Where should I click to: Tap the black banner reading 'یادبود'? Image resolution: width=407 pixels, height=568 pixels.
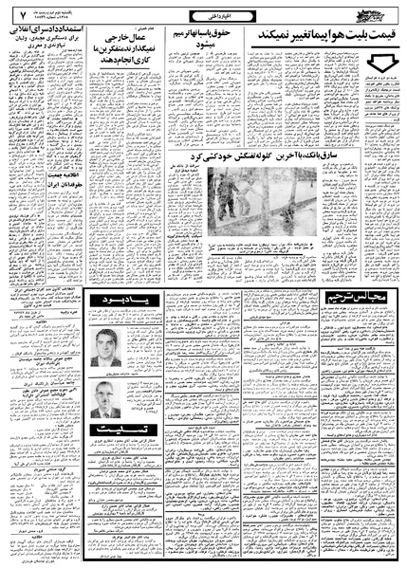(x=124, y=301)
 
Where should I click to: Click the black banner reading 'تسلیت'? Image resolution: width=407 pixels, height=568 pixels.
(x=123, y=428)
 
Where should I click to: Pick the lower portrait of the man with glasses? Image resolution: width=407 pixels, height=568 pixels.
(x=106, y=397)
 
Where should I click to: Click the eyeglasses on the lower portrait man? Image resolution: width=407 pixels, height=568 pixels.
(x=106, y=391)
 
